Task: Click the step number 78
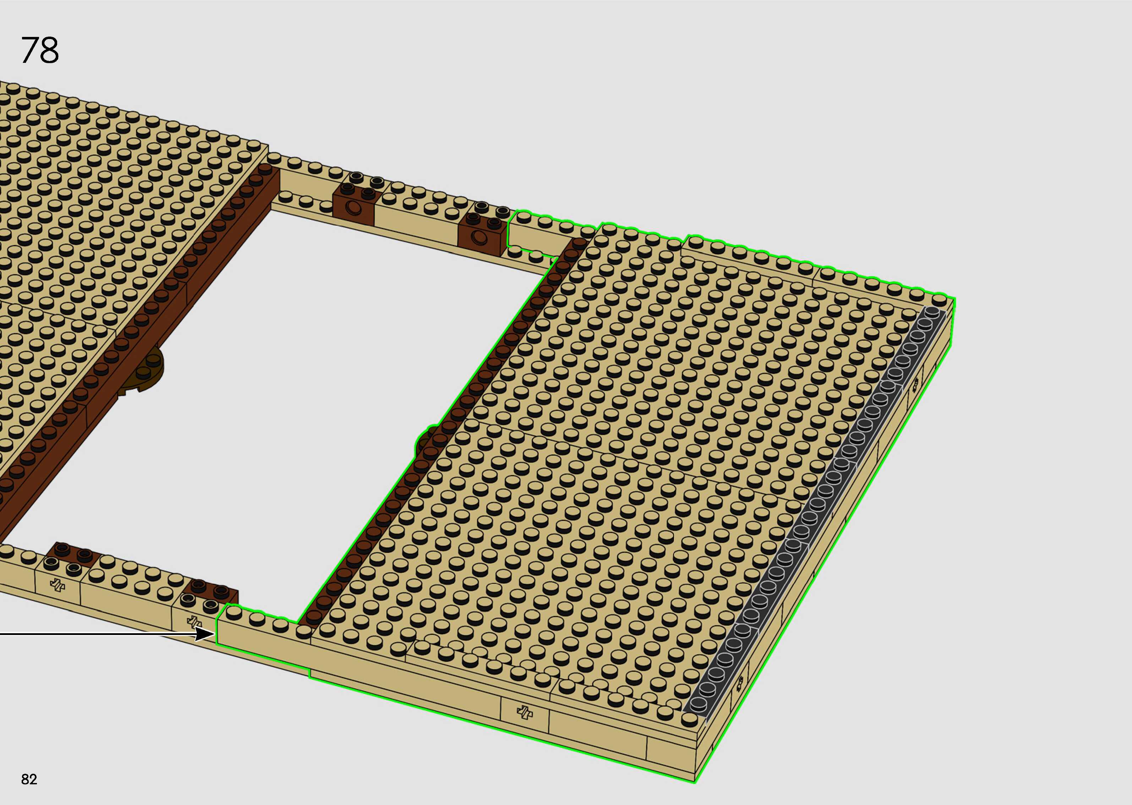click(40, 50)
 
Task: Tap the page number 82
click(29, 779)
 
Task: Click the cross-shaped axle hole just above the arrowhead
click(194, 622)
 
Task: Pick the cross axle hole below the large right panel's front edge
click(524, 712)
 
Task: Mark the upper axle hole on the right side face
click(914, 383)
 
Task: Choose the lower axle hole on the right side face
click(740, 684)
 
